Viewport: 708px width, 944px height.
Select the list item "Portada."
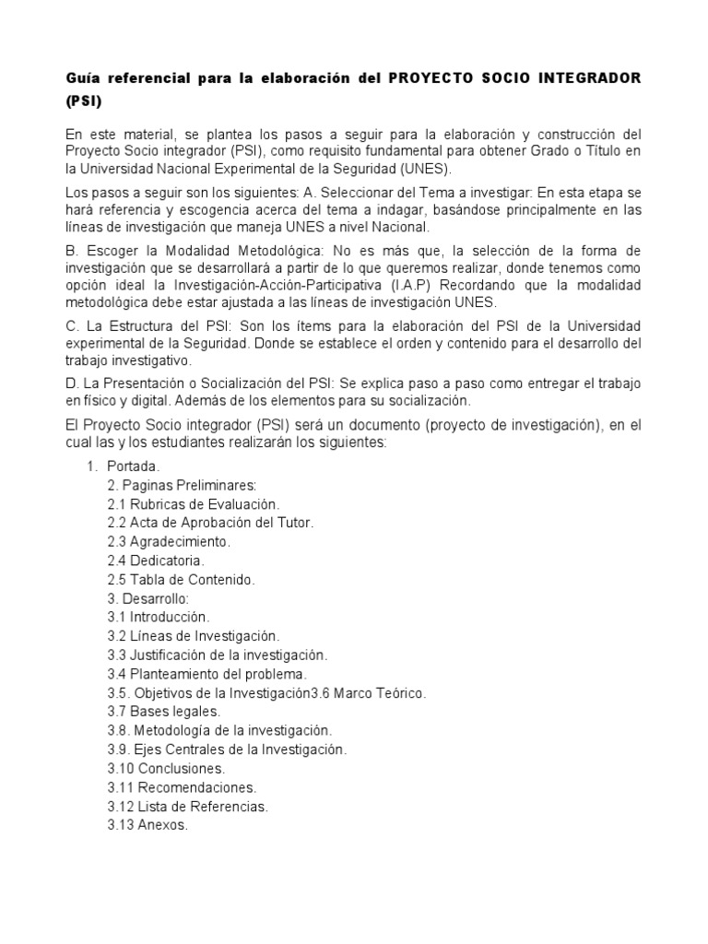[139, 466]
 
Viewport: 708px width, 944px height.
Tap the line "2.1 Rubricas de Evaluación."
[193, 503]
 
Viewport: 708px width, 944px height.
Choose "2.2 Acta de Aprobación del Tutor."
[210, 523]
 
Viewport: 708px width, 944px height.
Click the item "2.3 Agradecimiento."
[169, 541]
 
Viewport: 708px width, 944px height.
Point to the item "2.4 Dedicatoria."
[156, 560]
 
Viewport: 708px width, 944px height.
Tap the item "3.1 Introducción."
[159, 617]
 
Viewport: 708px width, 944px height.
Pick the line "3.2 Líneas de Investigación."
[193, 636]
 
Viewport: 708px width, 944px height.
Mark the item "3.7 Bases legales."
[163, 712]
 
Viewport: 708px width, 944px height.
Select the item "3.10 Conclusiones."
[166, 768]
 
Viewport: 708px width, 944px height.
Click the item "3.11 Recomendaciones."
[182, 787]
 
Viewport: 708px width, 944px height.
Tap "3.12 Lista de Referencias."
[188, 807]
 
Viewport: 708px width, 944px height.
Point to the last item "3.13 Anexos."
[147, 825]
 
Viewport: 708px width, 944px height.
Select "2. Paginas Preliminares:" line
[182, 485]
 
